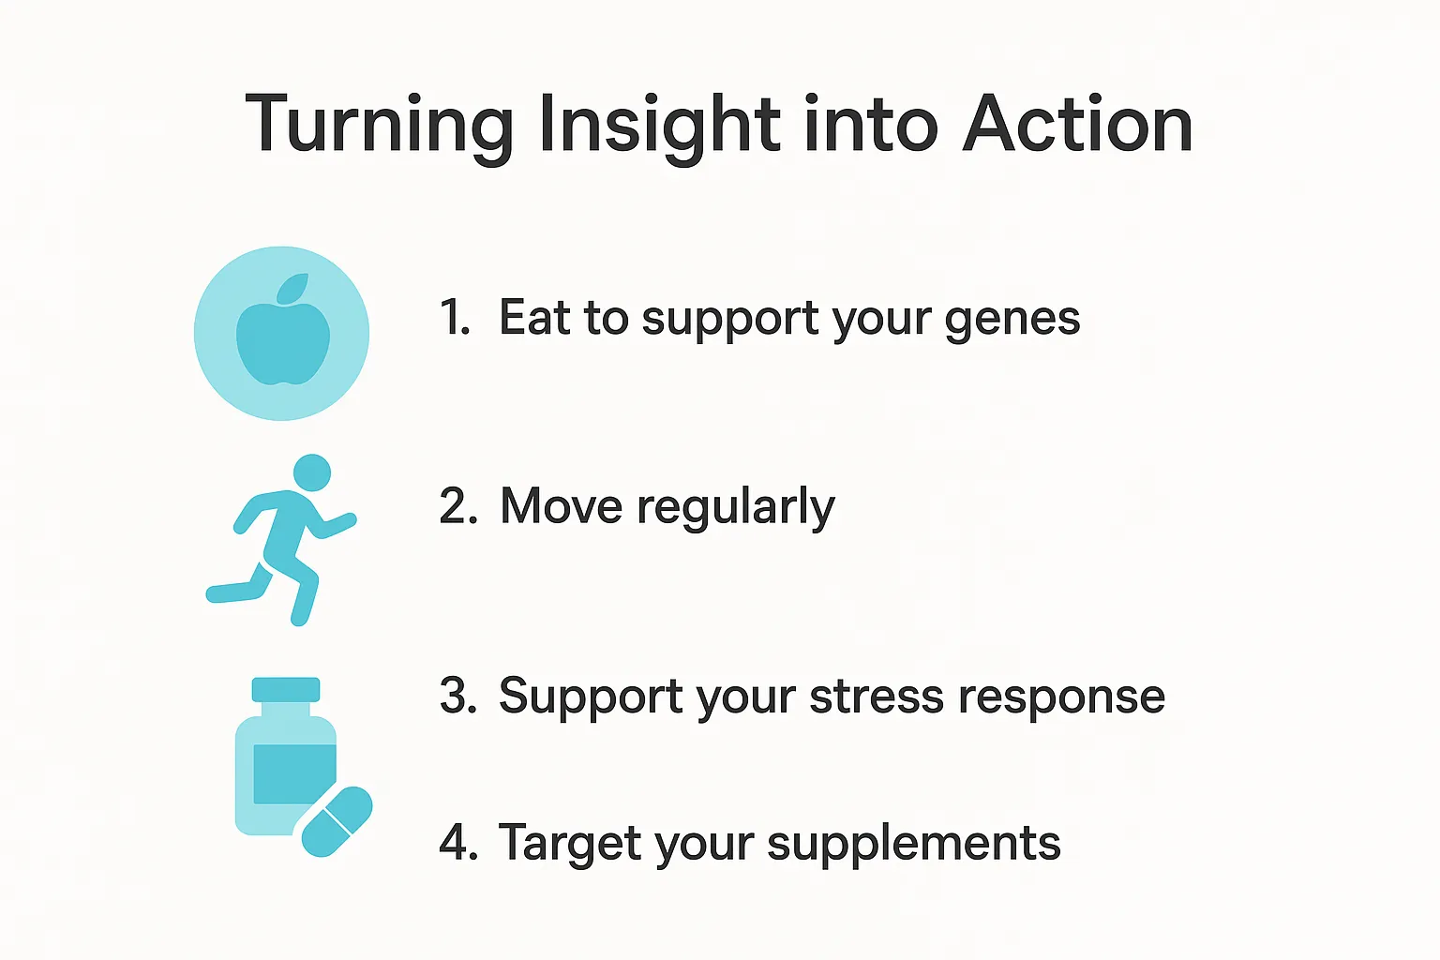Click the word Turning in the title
point(380,125)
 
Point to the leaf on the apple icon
point(293,288)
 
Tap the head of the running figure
point(312,473)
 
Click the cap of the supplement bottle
point(285,689)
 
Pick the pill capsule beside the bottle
point(337,822)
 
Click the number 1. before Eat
point(455,317)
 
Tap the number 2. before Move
point(458,506)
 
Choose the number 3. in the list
point(458,696)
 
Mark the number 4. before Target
point(458,842)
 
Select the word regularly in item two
point(736,508)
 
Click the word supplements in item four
point(913,845)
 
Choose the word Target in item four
point(570,846)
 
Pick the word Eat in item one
point(535,317)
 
